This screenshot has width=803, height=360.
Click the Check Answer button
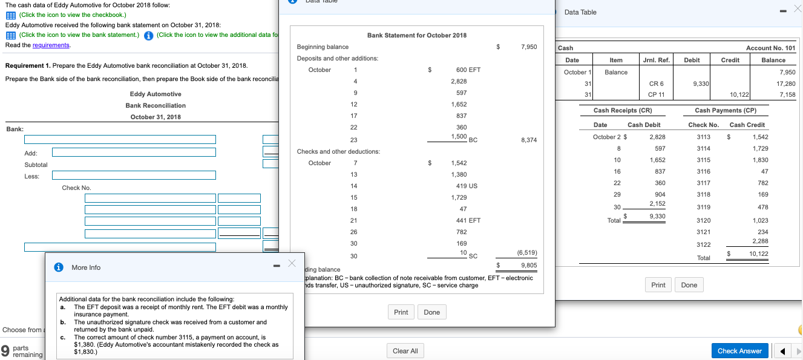(x=739, y=351)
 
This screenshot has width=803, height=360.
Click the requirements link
(x=53, y=45)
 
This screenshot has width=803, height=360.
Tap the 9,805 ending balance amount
(x=528, y=265)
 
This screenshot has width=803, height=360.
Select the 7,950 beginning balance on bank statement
(x=528, y=47)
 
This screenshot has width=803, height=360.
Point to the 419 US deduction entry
(x=464, y=186)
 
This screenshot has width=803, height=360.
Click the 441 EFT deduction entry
(x=464, y=220)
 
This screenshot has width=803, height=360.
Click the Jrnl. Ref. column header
(x=656, y=60)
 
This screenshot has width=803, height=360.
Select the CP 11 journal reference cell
(x=656, y=94)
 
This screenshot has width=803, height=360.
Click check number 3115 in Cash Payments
(x=703, y=160)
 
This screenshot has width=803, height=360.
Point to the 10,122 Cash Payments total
(x=758, y=254)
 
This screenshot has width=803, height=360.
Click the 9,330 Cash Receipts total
(x=657, y=216)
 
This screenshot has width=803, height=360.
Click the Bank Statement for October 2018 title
(x=417, y=35)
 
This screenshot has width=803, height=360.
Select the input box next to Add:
(x=150, y=152)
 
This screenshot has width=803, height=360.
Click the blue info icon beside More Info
(x=59, y=267)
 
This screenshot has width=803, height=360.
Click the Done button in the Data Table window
(x=689, y=285)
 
